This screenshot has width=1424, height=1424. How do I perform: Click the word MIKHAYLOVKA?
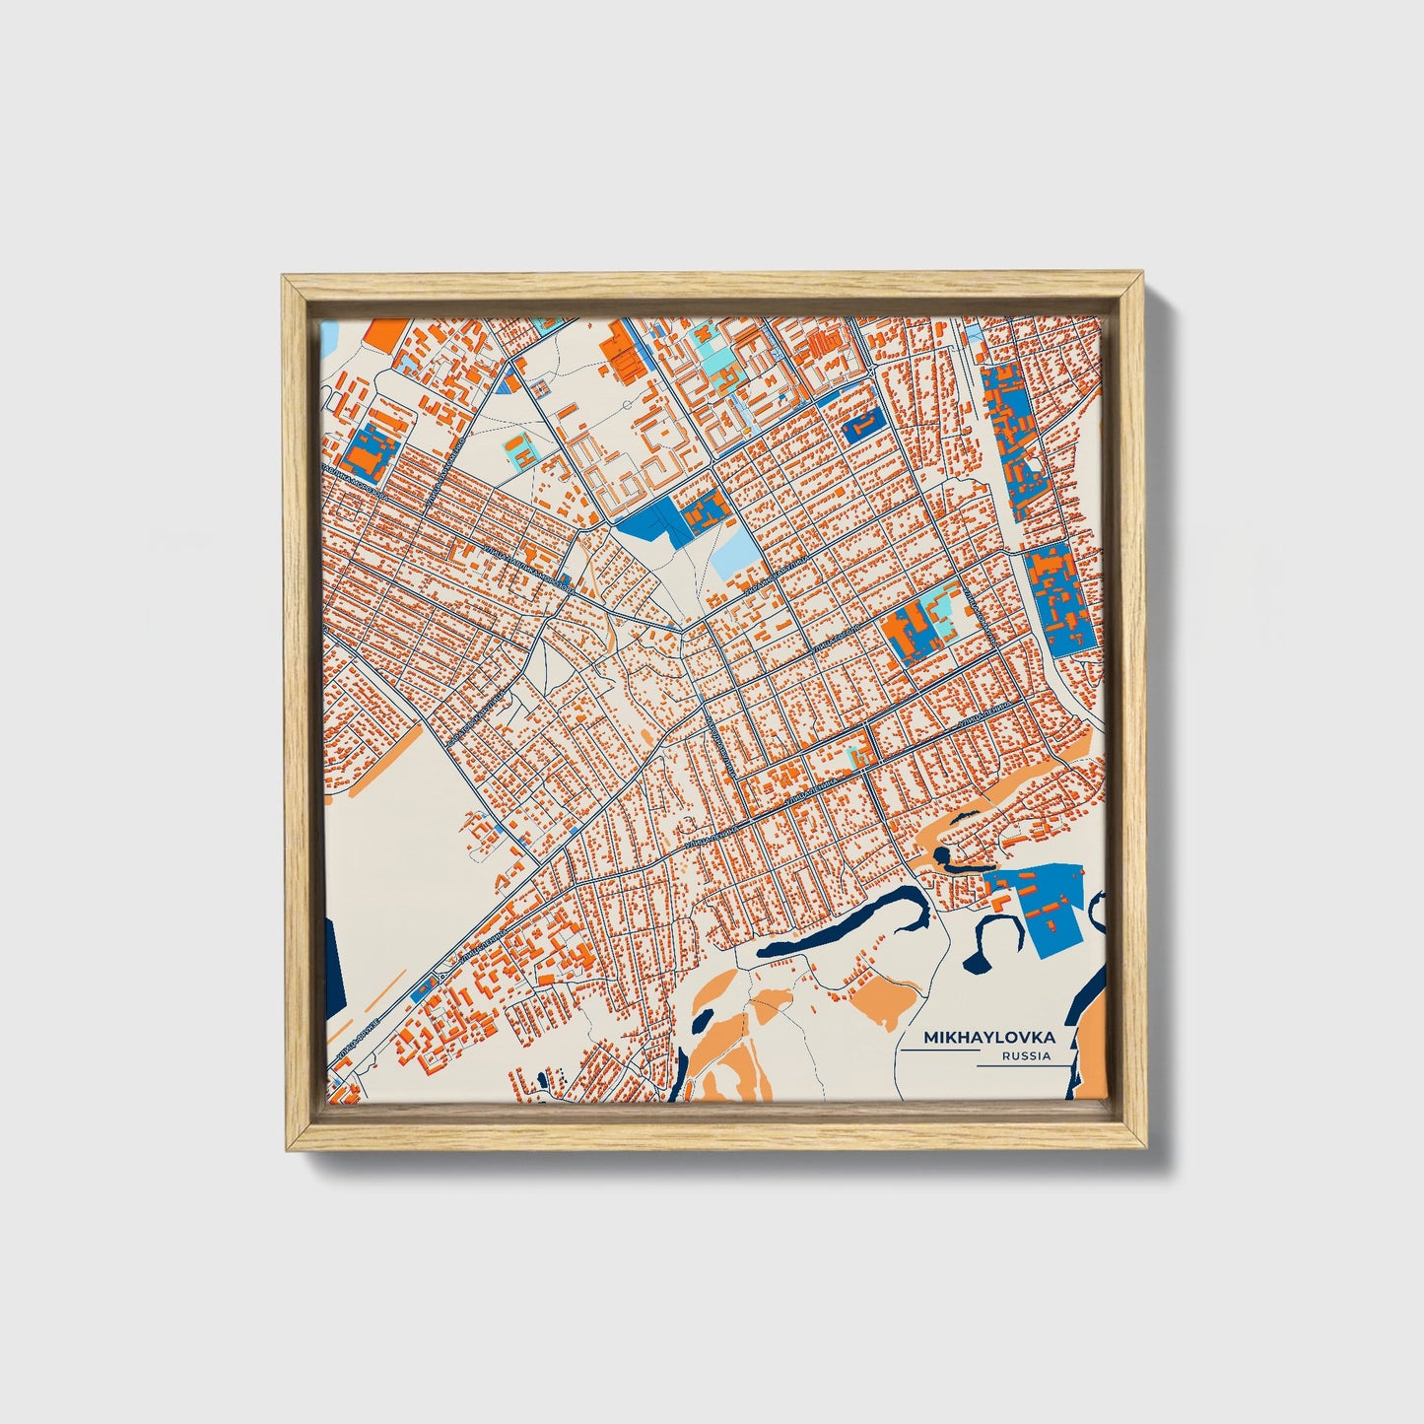[x=989, y=1038]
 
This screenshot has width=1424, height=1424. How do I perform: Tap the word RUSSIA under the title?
[x=1025, y=1056]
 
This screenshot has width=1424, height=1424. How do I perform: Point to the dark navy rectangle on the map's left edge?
[x=332, y=961]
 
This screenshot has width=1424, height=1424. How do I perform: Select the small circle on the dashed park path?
[x=627, y=405]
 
